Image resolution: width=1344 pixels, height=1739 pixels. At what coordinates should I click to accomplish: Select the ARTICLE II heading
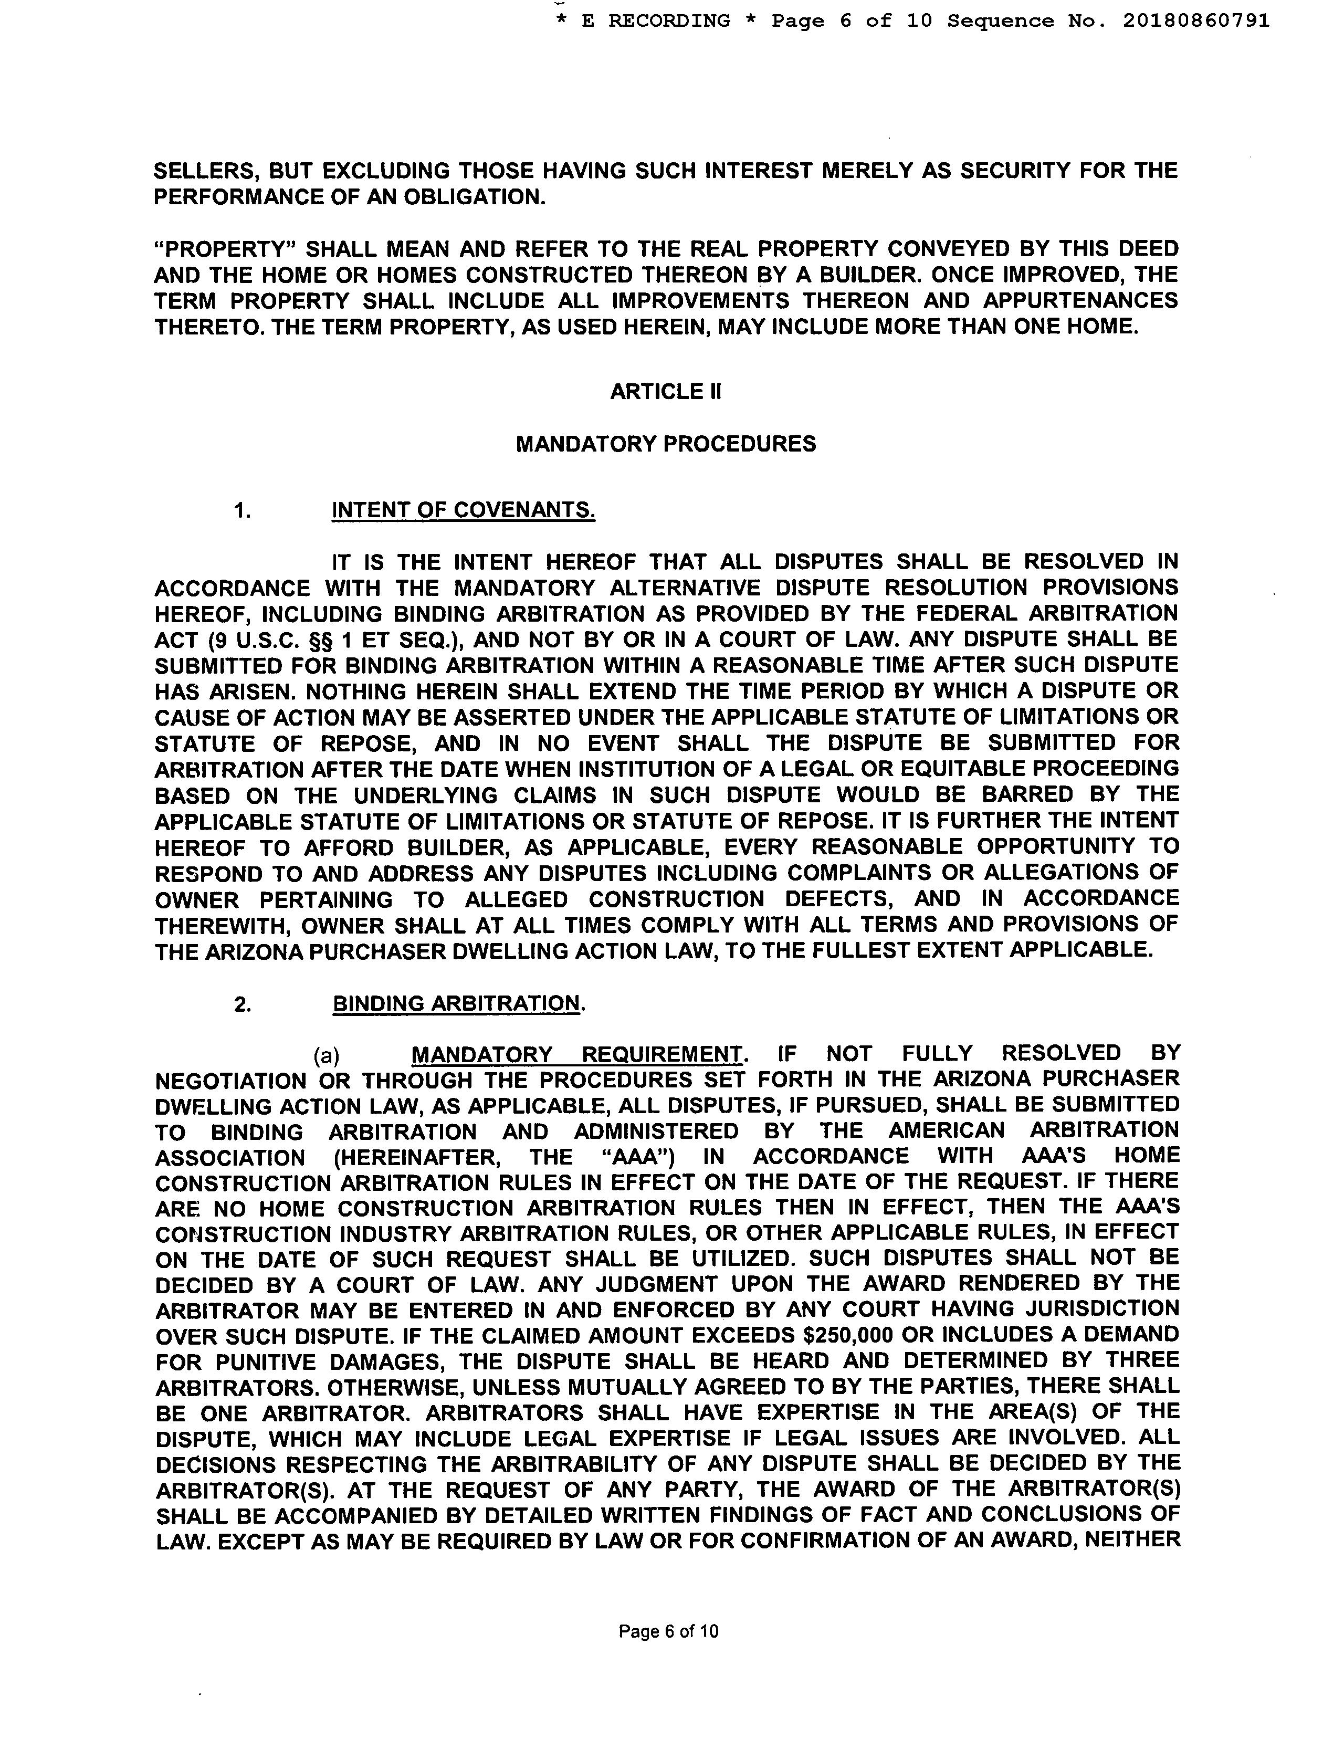click(x=666, y=392)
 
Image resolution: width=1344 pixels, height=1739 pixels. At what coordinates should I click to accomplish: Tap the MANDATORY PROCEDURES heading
click(x=666, y=444)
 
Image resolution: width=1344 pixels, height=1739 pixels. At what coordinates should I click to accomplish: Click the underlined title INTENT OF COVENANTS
click(x=464, y=510)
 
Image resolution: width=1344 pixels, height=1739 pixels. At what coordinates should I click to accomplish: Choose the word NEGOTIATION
click(x=230, y=1081)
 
